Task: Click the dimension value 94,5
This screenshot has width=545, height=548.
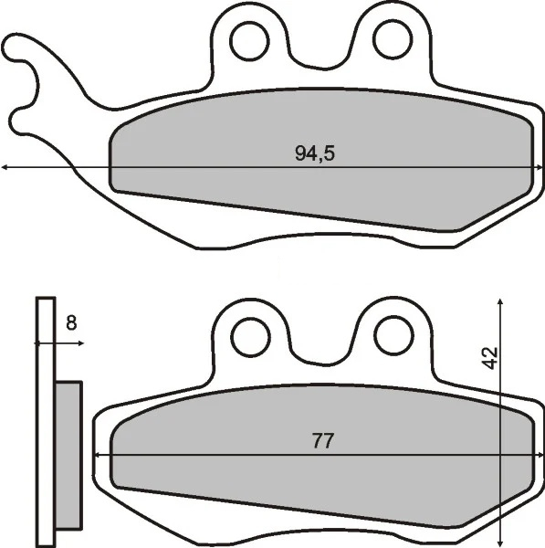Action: pyautogui.click(x=315, y=153)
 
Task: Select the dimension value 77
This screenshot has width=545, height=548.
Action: pyautogui.click(x=321, y=441)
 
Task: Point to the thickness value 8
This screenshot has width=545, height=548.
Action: pyautogui.click(x=71, y=322)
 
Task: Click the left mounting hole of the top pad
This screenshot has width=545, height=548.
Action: pyautogui.click(x=248, y=38)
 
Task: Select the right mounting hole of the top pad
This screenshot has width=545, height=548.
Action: pyautogui.click(x=393, y=38)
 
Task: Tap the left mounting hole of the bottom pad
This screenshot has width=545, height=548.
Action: pyautogui.click(x=249, y=337)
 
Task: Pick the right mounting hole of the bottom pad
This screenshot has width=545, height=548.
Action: pyautogui.click(x=393, y=336)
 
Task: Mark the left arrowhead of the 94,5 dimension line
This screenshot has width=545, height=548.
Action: pyautogui.click(x=5, y=167)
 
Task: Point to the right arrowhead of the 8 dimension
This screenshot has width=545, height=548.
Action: pyautogui.click(x=80, y=343)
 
